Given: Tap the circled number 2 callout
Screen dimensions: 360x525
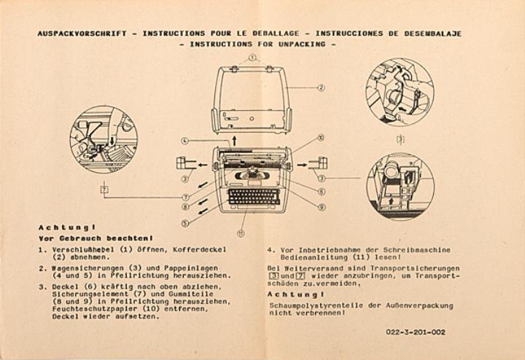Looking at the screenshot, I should pyautogui.click(x=322, y=87).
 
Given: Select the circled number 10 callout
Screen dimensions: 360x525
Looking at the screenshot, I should pyautogui.click(x=322, y=137).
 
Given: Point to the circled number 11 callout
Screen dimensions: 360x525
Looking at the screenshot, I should pyautogui.click(x=241, y=234).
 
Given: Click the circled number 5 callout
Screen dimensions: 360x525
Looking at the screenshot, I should pyautogui.click(x=185, y=223).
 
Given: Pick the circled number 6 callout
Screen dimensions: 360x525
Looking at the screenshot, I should pyautogui.click(x=322, y=192).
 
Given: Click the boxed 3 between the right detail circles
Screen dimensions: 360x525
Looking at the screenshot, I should pyautogui.click(x=399, y=138).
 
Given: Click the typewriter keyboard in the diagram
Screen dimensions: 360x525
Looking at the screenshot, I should pyautogui.click(x=253, y=197).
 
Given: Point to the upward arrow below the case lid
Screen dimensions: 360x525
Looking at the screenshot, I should pyautogui.click(x=234, y=138).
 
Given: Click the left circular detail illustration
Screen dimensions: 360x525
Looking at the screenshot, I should pyautogui.click(x=103, y=139).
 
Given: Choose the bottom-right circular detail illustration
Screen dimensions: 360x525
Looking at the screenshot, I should pyautogui.click(x=400, y=186).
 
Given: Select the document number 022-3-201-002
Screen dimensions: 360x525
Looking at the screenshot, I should pyautogui.click(x=416, y=332).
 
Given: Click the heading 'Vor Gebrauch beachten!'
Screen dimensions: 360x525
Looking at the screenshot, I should pyautogui.click(x=95, y=238).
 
